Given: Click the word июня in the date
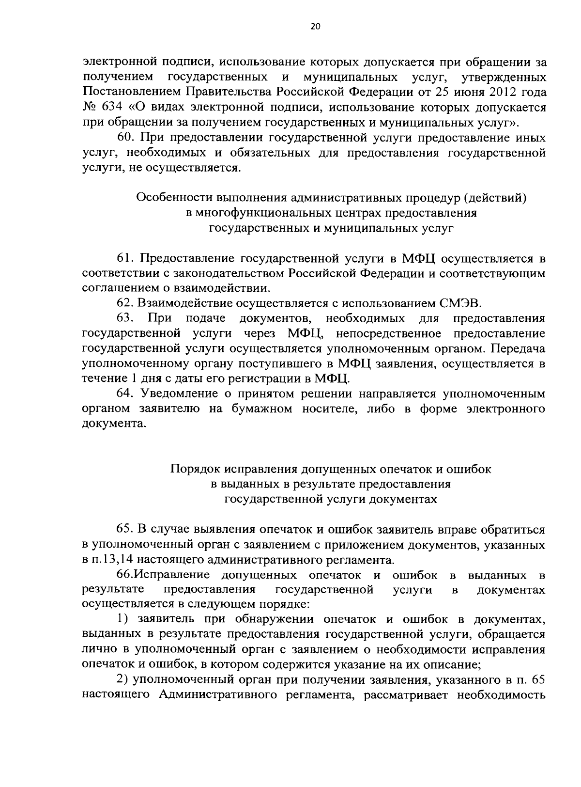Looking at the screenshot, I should point(464,92).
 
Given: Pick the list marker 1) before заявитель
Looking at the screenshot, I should point(122,619).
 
